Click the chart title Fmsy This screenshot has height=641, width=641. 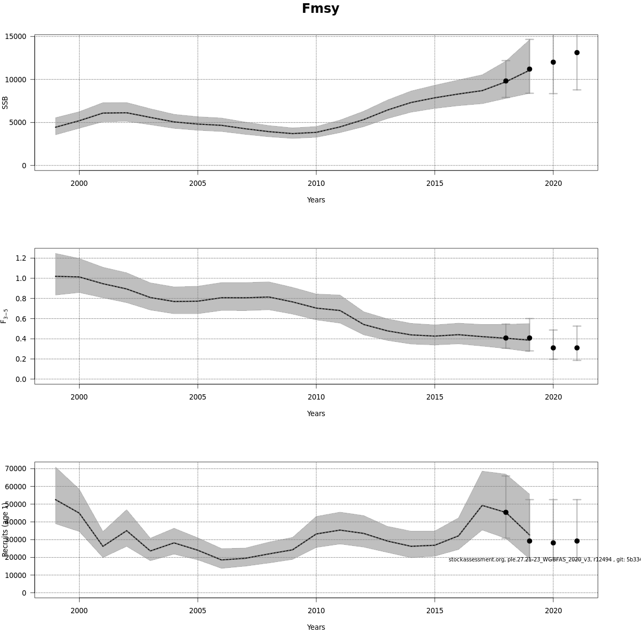click(320, 9)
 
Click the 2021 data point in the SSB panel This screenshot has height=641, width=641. click(577, 53)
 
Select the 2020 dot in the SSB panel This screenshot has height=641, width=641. click(553, 62)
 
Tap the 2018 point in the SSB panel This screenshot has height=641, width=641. click(506, 81)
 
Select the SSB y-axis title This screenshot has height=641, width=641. click(5, 103)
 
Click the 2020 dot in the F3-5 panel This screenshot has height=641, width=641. click(553, 348)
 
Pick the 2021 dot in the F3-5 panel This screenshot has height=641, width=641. click(577, 348)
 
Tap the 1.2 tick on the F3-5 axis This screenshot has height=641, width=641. click(21, 258)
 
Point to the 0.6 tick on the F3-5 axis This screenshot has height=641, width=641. click(21, 318)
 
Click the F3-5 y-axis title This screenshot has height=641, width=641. click(5, 316)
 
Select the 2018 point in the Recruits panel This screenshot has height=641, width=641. click(506, 512)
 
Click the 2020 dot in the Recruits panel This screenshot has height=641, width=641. click(553, 543)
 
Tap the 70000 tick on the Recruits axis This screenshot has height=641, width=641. click(15, 468)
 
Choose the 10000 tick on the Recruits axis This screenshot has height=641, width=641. click(15, 575)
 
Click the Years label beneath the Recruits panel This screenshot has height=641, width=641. click(316, 627)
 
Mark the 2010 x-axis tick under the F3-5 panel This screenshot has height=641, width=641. click(316, 397)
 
